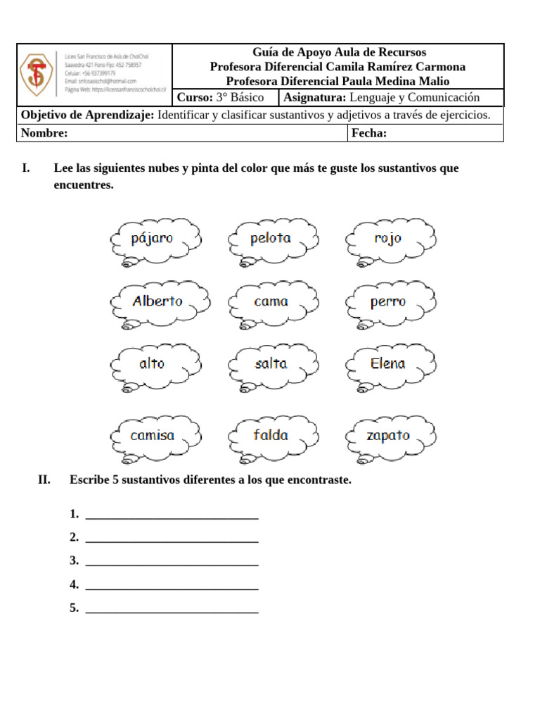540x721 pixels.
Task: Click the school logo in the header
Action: pos(37,75)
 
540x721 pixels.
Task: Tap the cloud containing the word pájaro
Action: pos(155,239)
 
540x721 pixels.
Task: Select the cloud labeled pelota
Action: pos(271,239)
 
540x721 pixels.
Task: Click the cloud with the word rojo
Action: pos(390,239)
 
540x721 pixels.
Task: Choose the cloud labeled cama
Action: pos(272,302)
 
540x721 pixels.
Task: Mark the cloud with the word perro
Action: pos(390,302)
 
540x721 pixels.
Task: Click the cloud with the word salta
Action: pos(272,364)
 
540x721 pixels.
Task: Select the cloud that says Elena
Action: pos(390,364)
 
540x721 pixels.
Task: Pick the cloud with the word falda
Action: pos(272,436)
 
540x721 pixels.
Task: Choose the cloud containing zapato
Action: pos(390,436)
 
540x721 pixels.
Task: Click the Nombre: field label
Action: pos(44,134)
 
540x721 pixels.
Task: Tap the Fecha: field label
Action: pos(369,134)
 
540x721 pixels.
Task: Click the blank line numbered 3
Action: pos(172,561)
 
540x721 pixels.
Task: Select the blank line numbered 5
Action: pos(172,608)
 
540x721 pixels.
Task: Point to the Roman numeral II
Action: pos(44,480)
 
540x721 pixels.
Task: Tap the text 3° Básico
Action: pos(240,98)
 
